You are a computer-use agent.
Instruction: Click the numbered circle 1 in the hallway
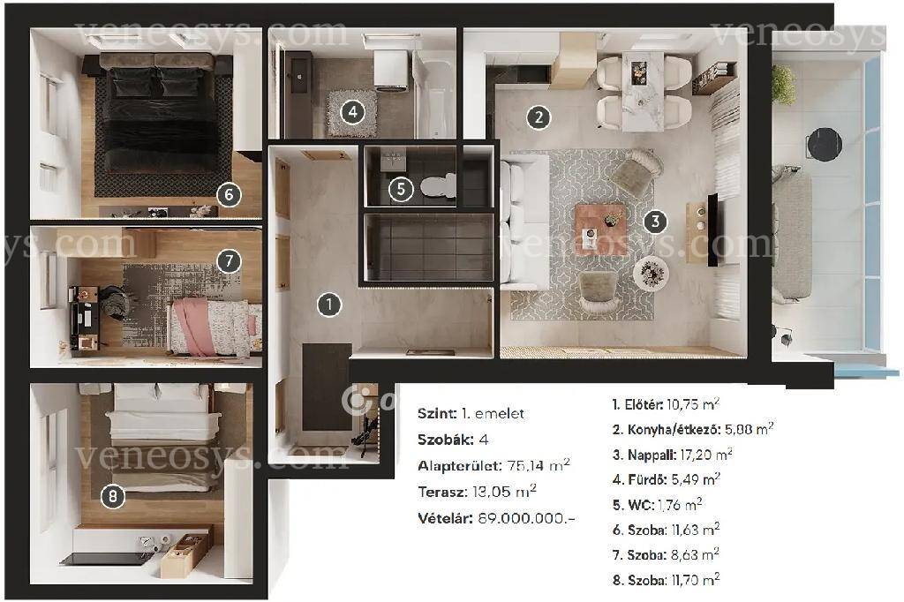click(x=329, y=305)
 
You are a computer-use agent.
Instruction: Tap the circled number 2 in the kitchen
click(x=539, y=117)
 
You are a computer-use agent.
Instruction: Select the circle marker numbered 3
click(x=655, y=222)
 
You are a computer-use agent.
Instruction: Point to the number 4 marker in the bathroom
click(x=353, y=111)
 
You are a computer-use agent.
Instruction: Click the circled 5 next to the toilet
click(x=402, y=189)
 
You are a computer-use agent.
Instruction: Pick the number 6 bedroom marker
click(x=229, y=195)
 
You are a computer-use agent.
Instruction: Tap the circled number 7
click(x=229, y=261)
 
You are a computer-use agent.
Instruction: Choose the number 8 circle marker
click(x=112, y=496)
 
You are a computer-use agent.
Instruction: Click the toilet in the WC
click(x=438, y=185)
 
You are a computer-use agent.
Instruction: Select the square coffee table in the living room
click(x=600, y=227)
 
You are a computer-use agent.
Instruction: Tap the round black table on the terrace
click(x=824, y=144)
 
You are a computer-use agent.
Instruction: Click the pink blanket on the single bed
click(x=193, y=326)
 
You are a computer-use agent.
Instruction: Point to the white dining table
click(x=643, y=91)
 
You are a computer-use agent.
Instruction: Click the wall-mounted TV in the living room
click(x=712, y=230)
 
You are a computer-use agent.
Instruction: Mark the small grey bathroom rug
click(x=351, y=112)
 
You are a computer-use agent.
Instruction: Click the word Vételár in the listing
click(x=445, y=518)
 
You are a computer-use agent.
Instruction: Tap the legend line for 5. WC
click(x=657, y=505)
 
